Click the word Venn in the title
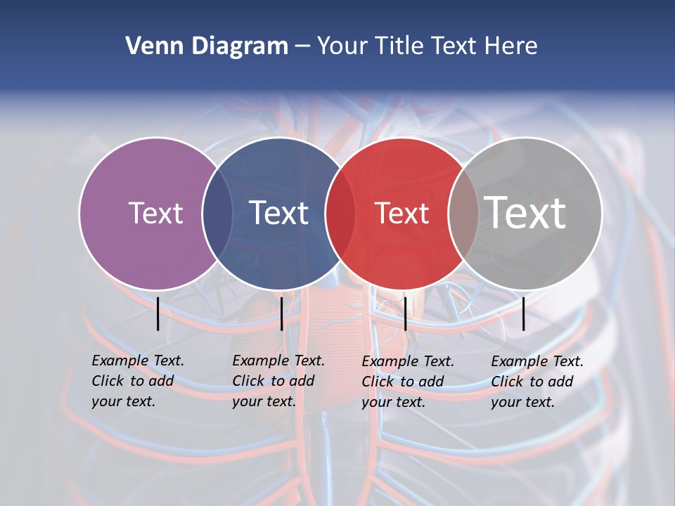click(149, 46)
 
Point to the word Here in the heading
click(511, 46)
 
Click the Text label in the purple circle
click(155, 213)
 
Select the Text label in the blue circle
click(279, 213)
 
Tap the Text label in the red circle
click(401, 213)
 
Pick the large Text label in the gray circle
click(525, 212)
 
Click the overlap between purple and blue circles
click(217, 213)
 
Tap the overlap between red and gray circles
click(463, 213)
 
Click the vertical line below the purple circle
click(158, 313)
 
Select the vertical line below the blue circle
click(281, 313)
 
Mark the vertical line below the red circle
click(405, 313)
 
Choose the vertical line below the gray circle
click(524, 313)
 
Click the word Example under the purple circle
click(120, 361)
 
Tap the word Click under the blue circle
click(248, 381)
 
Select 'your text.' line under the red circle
click(393, 402)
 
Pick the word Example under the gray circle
click(519, 361)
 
